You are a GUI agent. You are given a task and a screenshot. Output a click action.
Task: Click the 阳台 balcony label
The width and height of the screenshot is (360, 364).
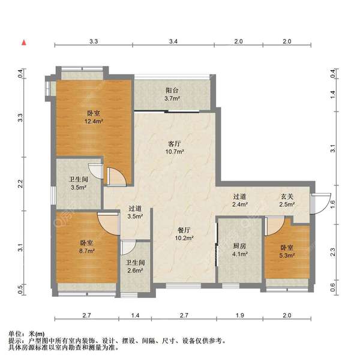[172, 91]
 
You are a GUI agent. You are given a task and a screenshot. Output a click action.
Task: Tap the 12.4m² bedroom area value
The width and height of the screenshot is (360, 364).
[94, 121]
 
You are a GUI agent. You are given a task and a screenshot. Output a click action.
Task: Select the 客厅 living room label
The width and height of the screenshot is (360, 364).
[175, 144]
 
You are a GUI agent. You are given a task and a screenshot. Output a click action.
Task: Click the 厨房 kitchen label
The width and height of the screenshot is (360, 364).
[238, 245]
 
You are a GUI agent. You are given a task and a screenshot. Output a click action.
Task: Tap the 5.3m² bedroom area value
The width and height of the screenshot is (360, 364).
[286, 255]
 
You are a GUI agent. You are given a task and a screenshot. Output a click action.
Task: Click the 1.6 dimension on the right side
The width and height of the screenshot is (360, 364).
[333, 203]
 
